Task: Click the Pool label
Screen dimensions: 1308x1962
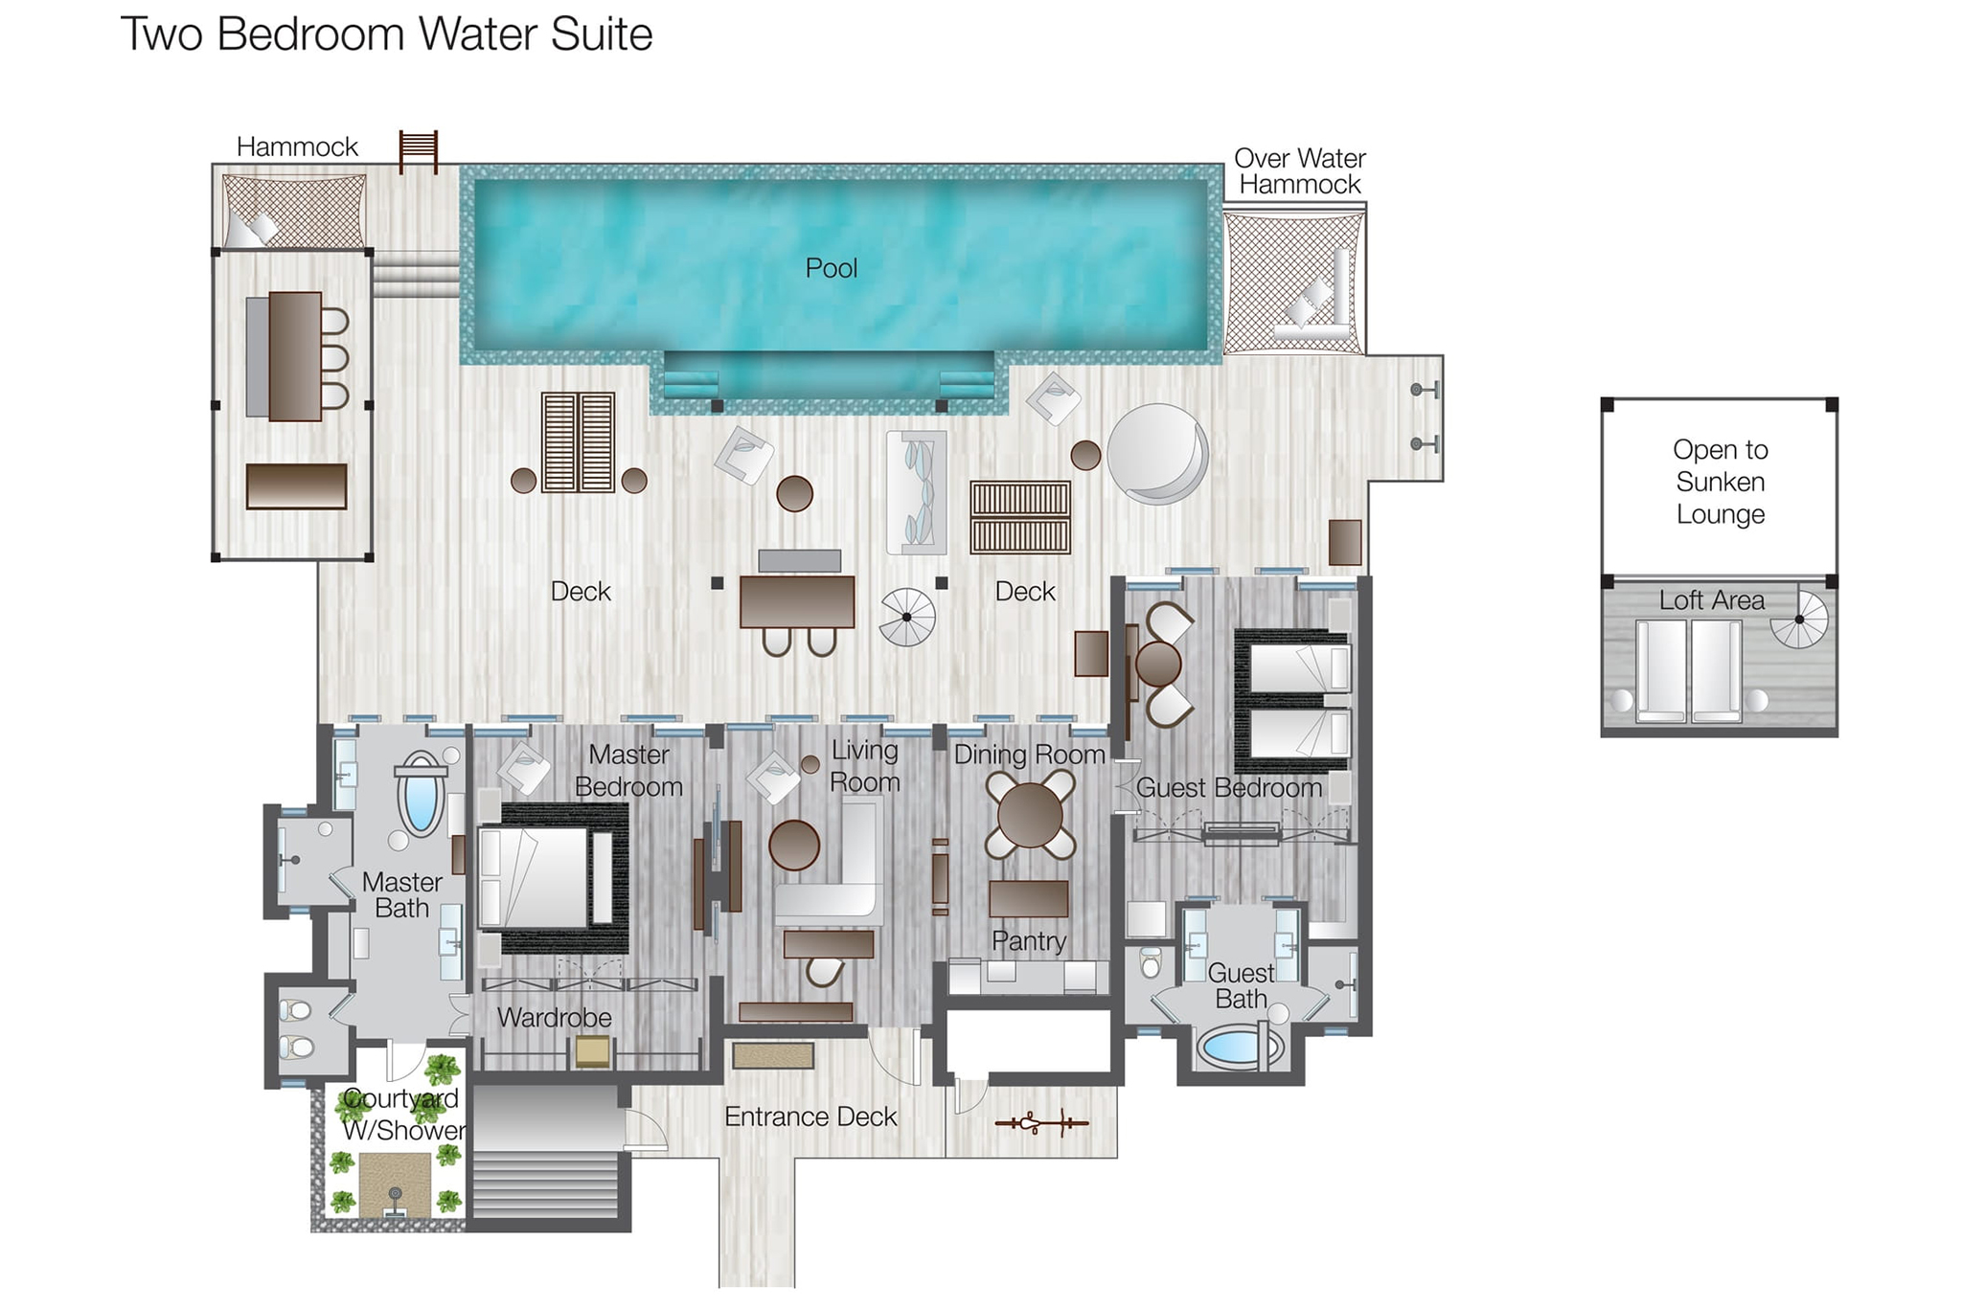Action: click(831, 268)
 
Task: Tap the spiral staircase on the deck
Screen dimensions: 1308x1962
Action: click(906, 617)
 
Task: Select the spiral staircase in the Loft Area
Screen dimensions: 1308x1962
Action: click(1799, 620)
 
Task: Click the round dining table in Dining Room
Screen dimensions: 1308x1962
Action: click(1030, 815)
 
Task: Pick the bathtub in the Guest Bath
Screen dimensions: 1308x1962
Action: click(1237, 1047)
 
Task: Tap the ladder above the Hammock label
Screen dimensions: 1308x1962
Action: click(419, 151)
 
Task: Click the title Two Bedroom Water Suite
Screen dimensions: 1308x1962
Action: click(386, 34)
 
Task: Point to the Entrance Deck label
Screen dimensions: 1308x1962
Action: click(810, 1116)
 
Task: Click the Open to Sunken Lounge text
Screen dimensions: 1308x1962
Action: click(1720, 482)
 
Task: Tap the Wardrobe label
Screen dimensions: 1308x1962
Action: click(554, 1017)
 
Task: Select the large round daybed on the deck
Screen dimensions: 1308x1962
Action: click(1156, 454)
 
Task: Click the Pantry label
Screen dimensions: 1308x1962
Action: click(1028, 941)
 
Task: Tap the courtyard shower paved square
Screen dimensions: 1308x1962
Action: click(395, 1184)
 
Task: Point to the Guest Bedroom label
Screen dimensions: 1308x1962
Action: click(1228, 788)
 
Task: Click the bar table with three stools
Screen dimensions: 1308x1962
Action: click(294, 356)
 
